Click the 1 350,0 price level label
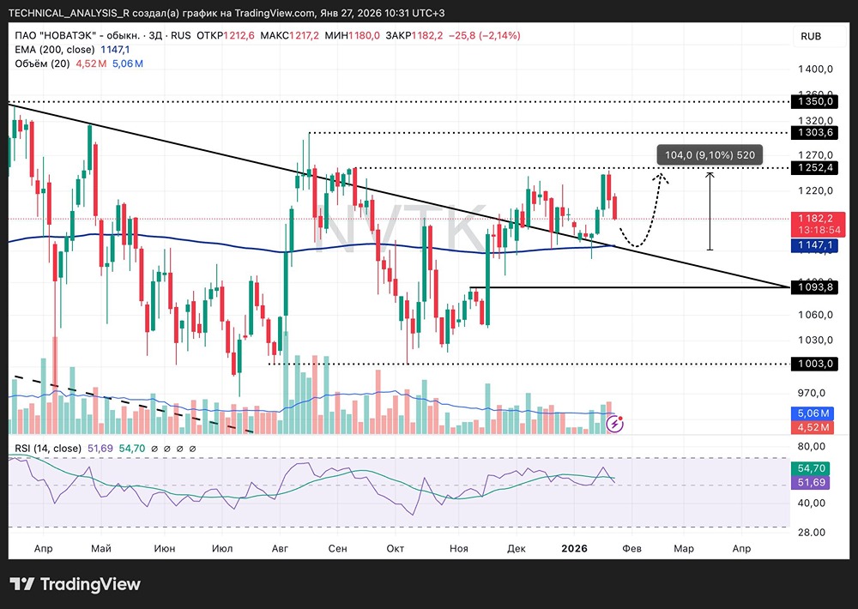[x=814, y=102]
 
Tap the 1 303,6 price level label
[x=814, y=133]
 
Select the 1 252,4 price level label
[x=814, y=167]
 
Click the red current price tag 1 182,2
[x=814, y=219]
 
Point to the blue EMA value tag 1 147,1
[x=814, y=245]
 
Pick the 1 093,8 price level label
[x=814, y=287]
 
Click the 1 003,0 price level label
[x=814, y=364]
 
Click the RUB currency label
[x=811, y=36]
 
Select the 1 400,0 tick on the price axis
[x=814, y=69]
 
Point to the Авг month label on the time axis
[x=280, y=547]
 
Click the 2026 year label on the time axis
[x=572, y=547]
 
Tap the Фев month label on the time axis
[x=631, y=547]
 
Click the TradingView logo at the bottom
[x=75, y=584]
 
